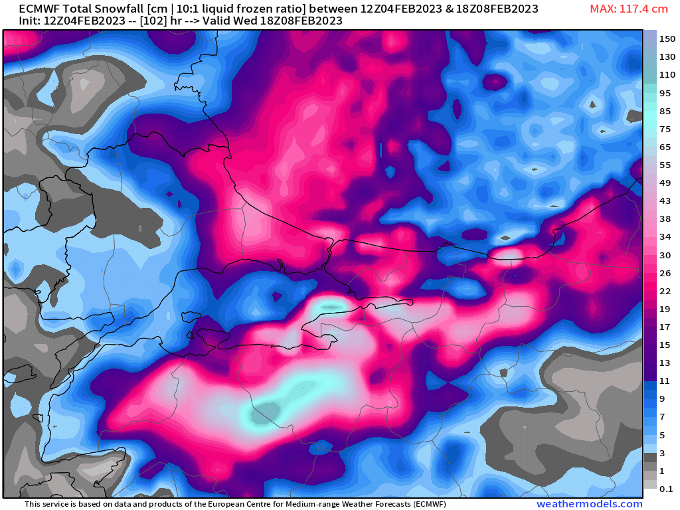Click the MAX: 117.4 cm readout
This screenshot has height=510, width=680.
click(628, 9)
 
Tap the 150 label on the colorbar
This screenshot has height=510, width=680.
click(667, 39)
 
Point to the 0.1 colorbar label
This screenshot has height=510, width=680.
click(667, 489)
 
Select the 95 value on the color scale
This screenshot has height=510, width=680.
click(665, 93)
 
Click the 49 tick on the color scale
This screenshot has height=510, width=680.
click(665, 183)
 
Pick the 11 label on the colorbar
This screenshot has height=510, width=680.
click(665, 381)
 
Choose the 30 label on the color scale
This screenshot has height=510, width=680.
click(665, 255)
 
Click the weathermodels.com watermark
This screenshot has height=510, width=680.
click(590, 504)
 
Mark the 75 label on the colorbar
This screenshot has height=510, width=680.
click(665, 129)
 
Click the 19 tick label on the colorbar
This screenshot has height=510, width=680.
click(665, 309)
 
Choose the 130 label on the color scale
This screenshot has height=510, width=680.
click(667, 57)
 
